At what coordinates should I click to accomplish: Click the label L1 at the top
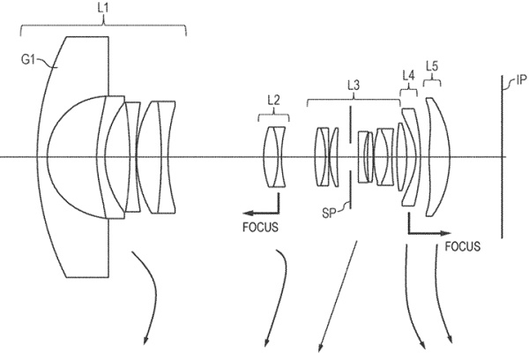(x=103, y=8)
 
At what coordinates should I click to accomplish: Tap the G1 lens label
(x=28, y=60)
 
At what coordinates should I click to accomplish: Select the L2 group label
(x=273, y=100)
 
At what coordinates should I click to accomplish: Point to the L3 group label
(x=354, y=85)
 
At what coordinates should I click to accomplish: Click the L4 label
(x=408, y=76)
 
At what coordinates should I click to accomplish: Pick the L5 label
(x=432, y=66)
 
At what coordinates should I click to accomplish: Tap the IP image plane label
(x=521, y=79)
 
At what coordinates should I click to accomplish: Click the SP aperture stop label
(x=329, y=214)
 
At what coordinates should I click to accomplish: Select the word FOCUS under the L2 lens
(x=260, y=228)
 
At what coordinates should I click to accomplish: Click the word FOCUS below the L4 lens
(x=463, y=246)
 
